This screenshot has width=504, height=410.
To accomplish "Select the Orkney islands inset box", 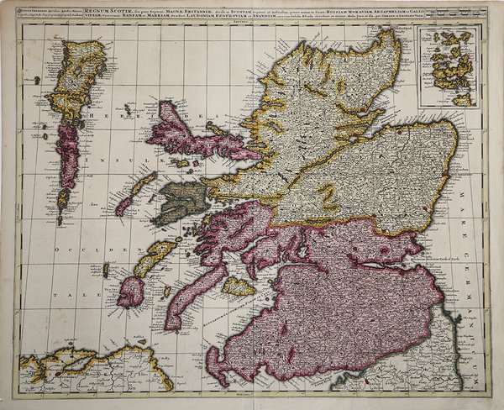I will tap(449, 66).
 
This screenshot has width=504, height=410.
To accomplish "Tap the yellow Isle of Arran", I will tap(239, 287).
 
